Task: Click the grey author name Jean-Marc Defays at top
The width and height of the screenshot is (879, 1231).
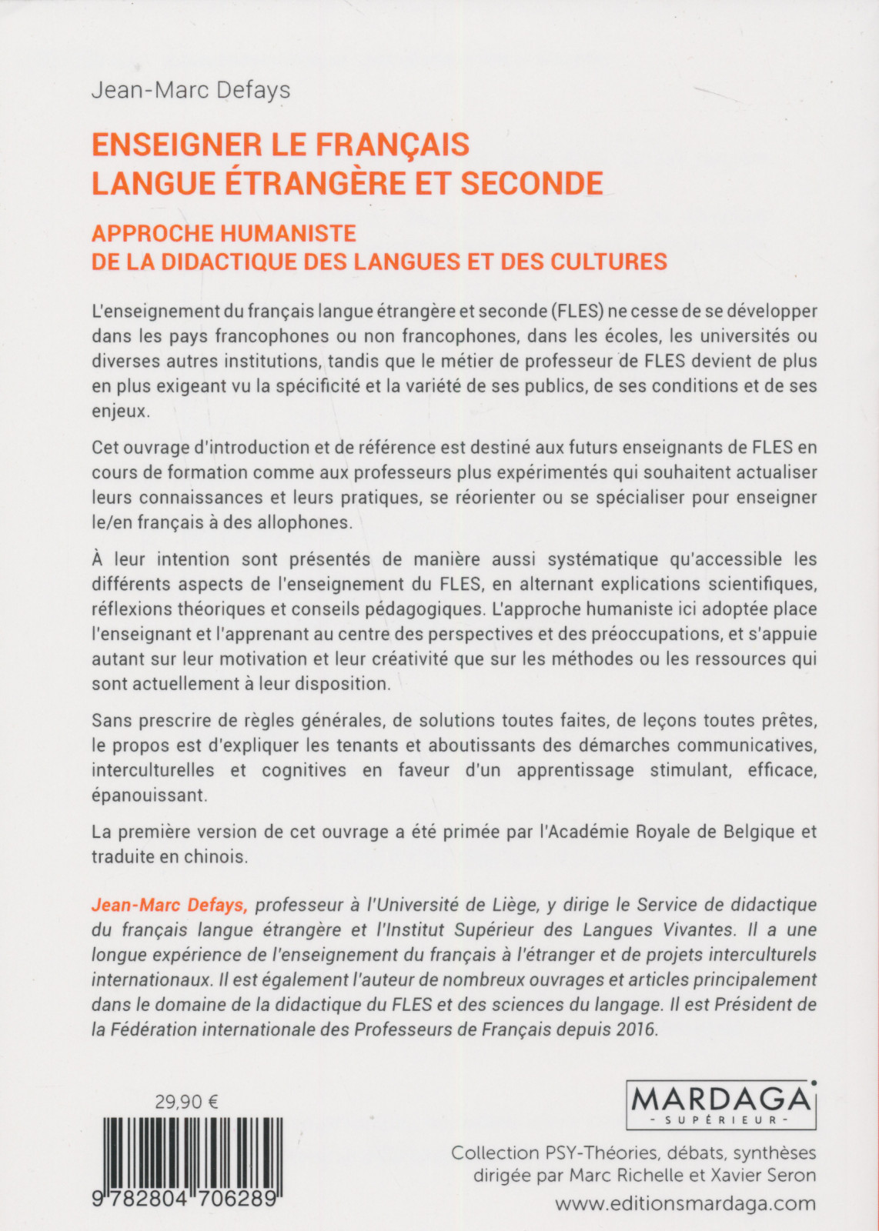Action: tap(191, 91)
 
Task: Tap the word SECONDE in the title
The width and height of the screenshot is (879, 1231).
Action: tap(532, 183)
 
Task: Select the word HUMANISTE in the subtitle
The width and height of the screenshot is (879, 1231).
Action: tap(289, 233)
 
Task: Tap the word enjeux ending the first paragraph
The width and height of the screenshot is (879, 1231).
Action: tap(119, 411)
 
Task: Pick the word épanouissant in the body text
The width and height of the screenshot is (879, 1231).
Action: tap(149, 796)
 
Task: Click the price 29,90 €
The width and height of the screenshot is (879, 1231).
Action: tap(188, 1102)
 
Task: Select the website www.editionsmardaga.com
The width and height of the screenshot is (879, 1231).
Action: tap(685, 1204)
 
